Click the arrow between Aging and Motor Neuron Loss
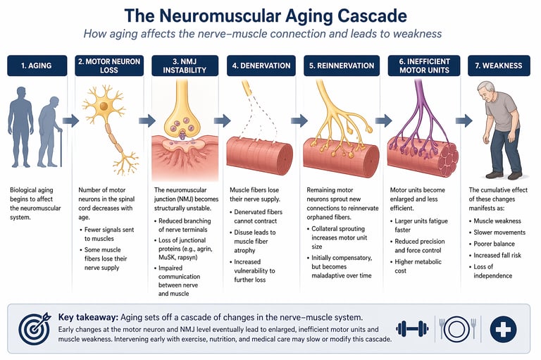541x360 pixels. [70, 120]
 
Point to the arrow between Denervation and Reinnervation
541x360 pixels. [299, 120]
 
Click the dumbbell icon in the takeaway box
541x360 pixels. [412, 328]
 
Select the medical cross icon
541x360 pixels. [503, 328]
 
